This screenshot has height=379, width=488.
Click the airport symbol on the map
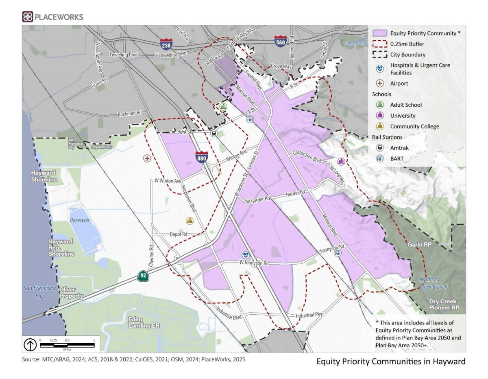(x=147, y=158)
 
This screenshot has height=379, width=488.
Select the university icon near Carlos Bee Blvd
(x=342, y=161)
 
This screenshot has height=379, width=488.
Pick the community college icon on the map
(x=189, y=221)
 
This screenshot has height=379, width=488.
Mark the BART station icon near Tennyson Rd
(x=337, y=253)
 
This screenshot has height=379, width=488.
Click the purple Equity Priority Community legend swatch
(x=380, y=33)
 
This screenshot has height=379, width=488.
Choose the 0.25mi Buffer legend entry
(x=407, y=44)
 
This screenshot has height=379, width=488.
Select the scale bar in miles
(x=67, y=345)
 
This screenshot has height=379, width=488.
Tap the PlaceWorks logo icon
(x=27, y=17)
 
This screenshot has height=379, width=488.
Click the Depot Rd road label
(x=179, y=235)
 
